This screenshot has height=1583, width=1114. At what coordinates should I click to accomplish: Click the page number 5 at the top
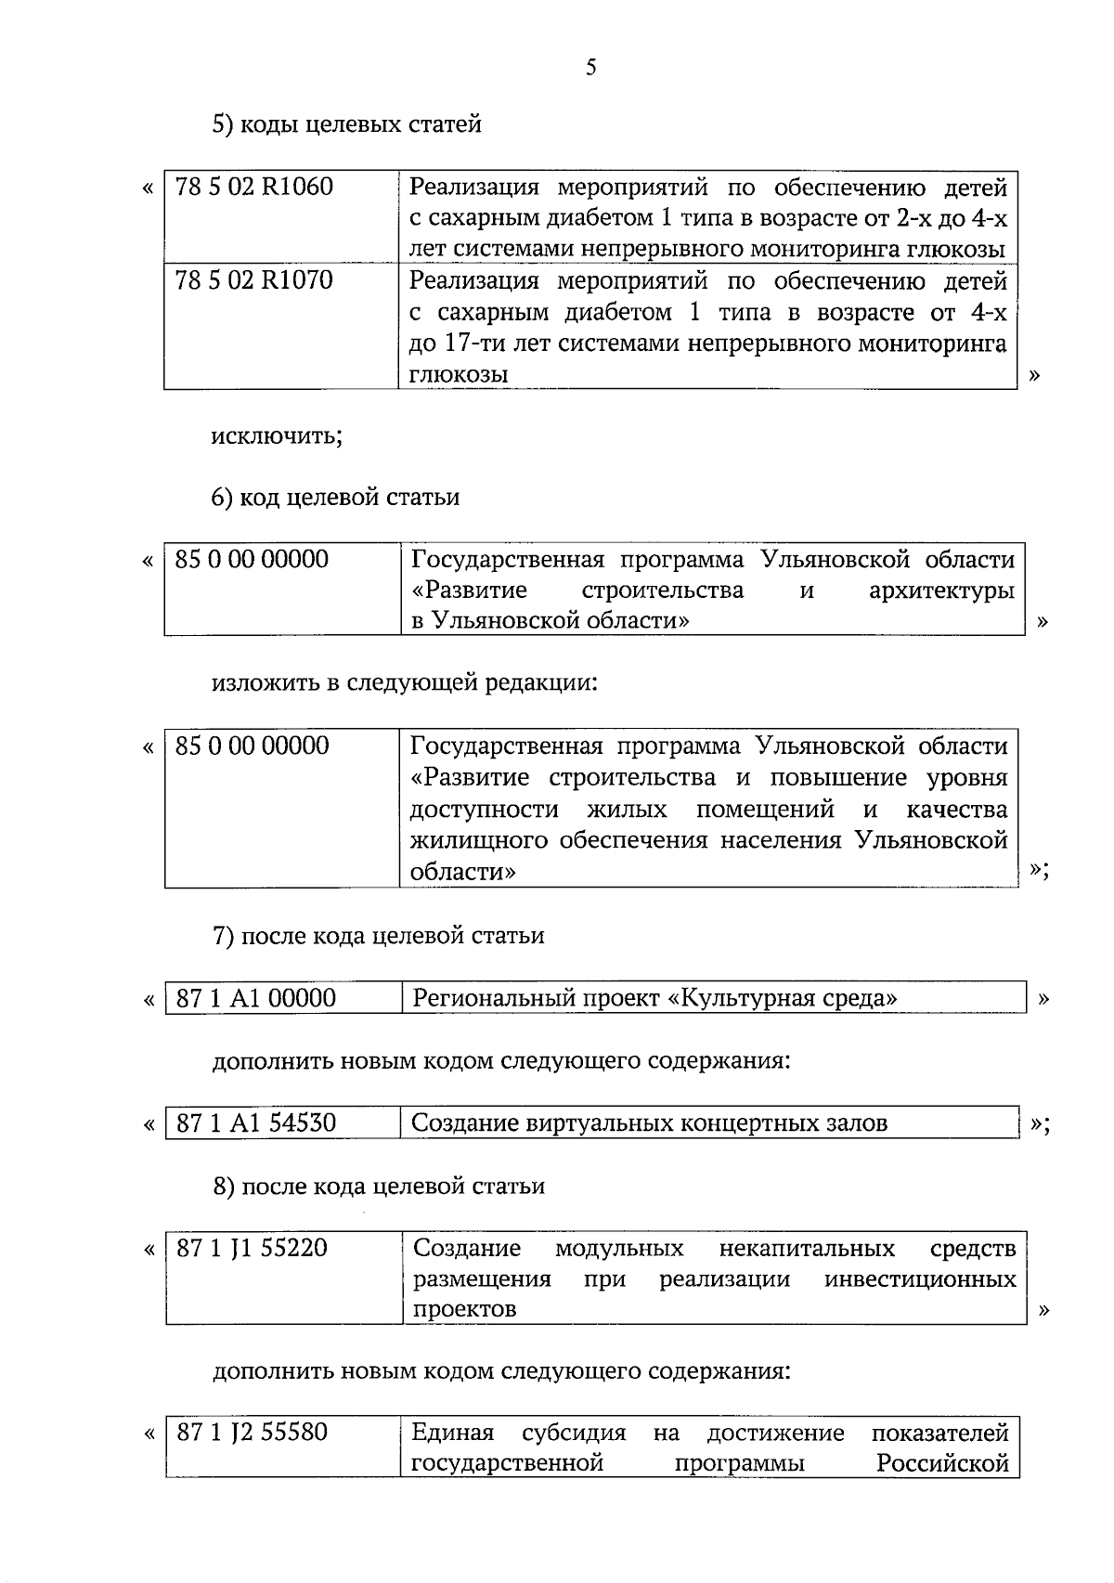tap(591, 67)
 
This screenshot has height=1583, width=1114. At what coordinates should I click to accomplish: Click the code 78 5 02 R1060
tap(253, 188)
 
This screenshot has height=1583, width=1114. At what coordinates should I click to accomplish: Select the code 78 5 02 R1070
tap(253, 280)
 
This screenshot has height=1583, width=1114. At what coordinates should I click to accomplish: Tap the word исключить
tap(277, 435)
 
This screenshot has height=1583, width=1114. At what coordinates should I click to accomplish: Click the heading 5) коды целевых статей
tap(346, 123)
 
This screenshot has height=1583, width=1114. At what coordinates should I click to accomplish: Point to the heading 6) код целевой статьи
tap(335, 498)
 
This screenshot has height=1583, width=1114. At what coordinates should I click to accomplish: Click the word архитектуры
tap(940, 590)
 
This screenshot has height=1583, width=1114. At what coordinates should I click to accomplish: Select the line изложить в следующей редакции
tap(405, 683)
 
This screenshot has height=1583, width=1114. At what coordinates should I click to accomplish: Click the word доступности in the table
tap(485, 810)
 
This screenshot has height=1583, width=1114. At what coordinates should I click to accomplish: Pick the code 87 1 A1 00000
tap(256, 999)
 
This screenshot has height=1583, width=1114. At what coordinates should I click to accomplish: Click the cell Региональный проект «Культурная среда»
tap(654, 999)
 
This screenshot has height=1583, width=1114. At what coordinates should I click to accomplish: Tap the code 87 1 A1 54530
tap(256, 1123)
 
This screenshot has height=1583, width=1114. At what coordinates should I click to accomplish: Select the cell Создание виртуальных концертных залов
tap(649, 1123)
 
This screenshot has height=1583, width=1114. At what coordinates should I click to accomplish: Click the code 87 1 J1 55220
tap(253, 1248)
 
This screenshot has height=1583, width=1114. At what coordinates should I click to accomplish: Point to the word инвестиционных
tap(920, 1279)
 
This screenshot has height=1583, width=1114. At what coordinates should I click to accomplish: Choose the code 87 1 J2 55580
tap(253, 1433)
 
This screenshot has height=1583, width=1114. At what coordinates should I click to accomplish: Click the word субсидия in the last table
tap(574, 1434)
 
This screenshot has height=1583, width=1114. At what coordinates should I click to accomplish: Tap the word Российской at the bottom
tap(942, 1464)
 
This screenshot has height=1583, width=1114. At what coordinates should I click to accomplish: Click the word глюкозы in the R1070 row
tap(459, 375)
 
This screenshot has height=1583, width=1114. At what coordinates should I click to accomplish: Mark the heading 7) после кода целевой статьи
tap(379, 936)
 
